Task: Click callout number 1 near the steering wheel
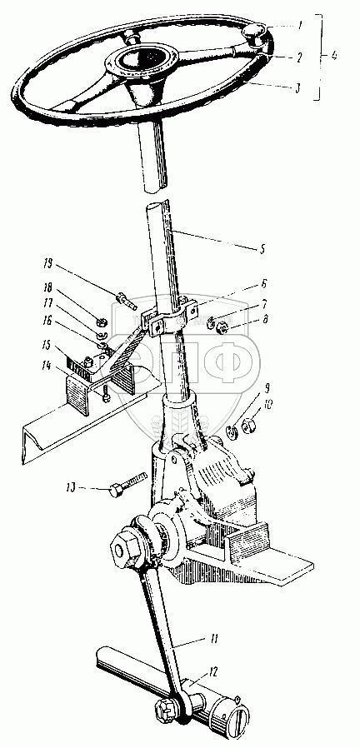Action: pos(299,27)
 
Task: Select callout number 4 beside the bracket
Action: pos(333,57)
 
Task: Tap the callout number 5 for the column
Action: pos(262,248)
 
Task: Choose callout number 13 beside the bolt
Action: pos(72,487)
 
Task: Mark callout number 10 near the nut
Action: pos(268,405)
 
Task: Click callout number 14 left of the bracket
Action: pos(47,366)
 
